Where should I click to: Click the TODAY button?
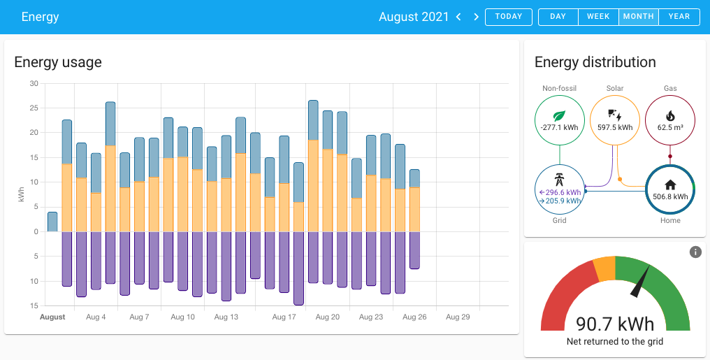point(508,17)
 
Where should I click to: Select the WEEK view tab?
point(598,17)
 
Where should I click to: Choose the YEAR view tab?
point(679,17)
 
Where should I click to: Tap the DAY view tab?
point(558,17)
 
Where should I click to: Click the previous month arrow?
point(458,17)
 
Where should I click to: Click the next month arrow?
point(477,17)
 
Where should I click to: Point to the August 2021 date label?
point(414,17)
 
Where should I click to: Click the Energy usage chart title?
point(58,62)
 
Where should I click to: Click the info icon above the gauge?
point(695,252)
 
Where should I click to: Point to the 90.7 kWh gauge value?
point(615,324)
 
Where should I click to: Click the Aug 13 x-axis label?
point(226,317)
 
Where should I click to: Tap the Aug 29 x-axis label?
point(458,317)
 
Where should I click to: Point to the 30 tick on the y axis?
point(34,83)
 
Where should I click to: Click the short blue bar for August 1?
point(52,222)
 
